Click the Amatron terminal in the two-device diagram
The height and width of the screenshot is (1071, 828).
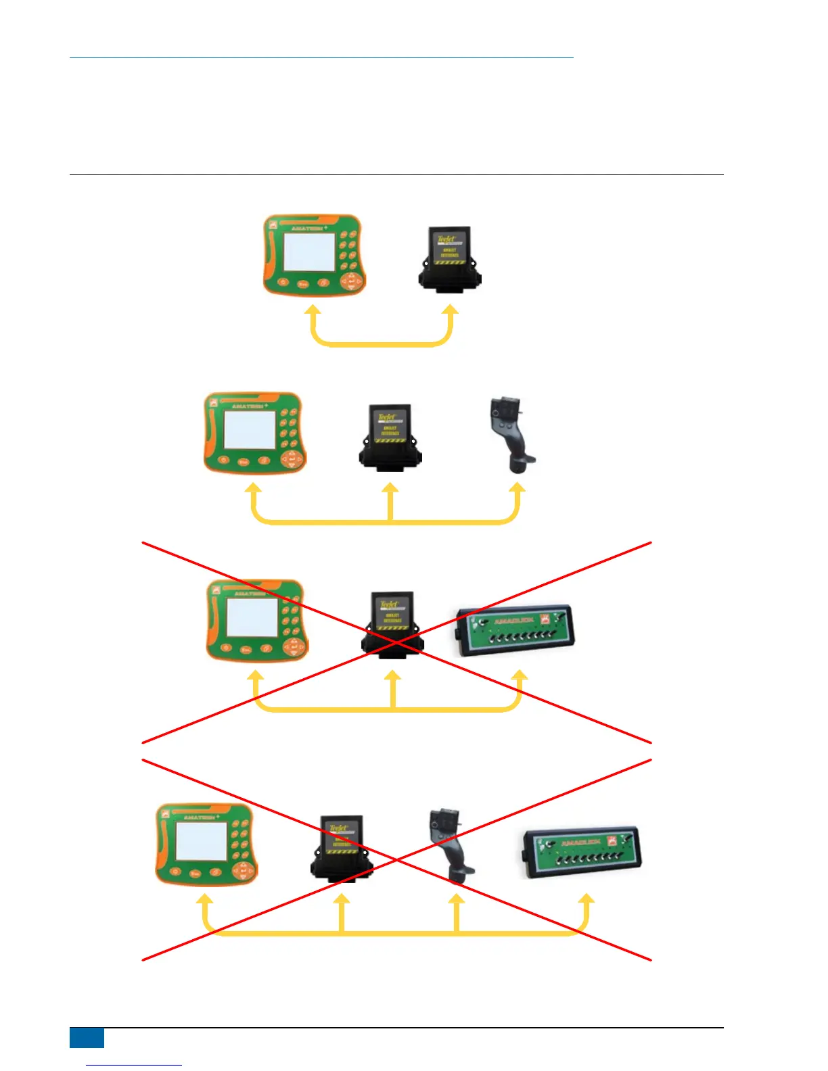[x=314, y=256]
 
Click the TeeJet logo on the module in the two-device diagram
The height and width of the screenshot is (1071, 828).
[x=447, y=239]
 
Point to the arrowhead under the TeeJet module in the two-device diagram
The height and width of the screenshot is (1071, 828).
[x=451, y=311]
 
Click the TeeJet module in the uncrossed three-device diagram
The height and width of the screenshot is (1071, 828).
[x=390, y=435]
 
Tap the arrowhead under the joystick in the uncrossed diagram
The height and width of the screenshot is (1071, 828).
[x=517, y=489]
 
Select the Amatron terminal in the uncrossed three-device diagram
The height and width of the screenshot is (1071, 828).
[x=254, y=433]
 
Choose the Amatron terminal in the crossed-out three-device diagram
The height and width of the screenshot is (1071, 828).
[x=256, y=620]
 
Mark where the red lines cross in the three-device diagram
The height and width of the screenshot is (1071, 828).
[x=397, y=642]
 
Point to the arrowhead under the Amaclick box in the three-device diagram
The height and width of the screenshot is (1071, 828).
[x=520, y=676]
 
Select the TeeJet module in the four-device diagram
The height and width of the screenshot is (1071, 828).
[x=342, y=848]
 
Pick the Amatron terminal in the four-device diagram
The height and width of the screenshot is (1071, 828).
[x=206, y=844]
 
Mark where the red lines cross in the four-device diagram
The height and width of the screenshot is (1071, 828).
[x=397, y=859]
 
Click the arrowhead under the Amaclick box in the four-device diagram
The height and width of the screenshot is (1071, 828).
[x=587, y=899]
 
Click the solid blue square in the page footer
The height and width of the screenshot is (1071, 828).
[x=87, y=1038]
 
